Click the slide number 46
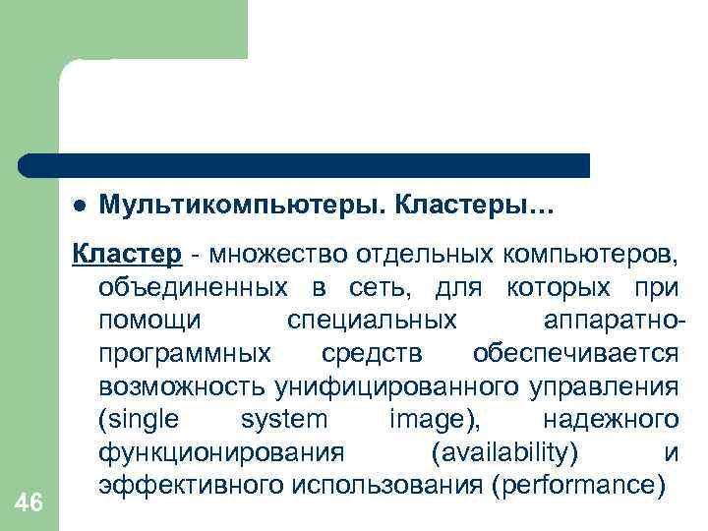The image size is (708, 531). click(x=29, y=502)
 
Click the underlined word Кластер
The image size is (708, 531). click(x=127, y=255)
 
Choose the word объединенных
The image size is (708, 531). click(x=194, y=288)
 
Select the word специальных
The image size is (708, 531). click(x=372, y=321)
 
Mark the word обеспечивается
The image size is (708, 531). click(x=575, y=353)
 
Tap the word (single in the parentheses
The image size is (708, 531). click(x=139, y=420)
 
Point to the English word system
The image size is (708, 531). click(x=284, y=420)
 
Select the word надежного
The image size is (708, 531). click(x=610, y=420)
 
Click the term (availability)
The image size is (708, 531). click(x=504, y=452)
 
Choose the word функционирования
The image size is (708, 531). click(x=221, y=452)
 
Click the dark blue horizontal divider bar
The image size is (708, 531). click(x=305, y=165)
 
